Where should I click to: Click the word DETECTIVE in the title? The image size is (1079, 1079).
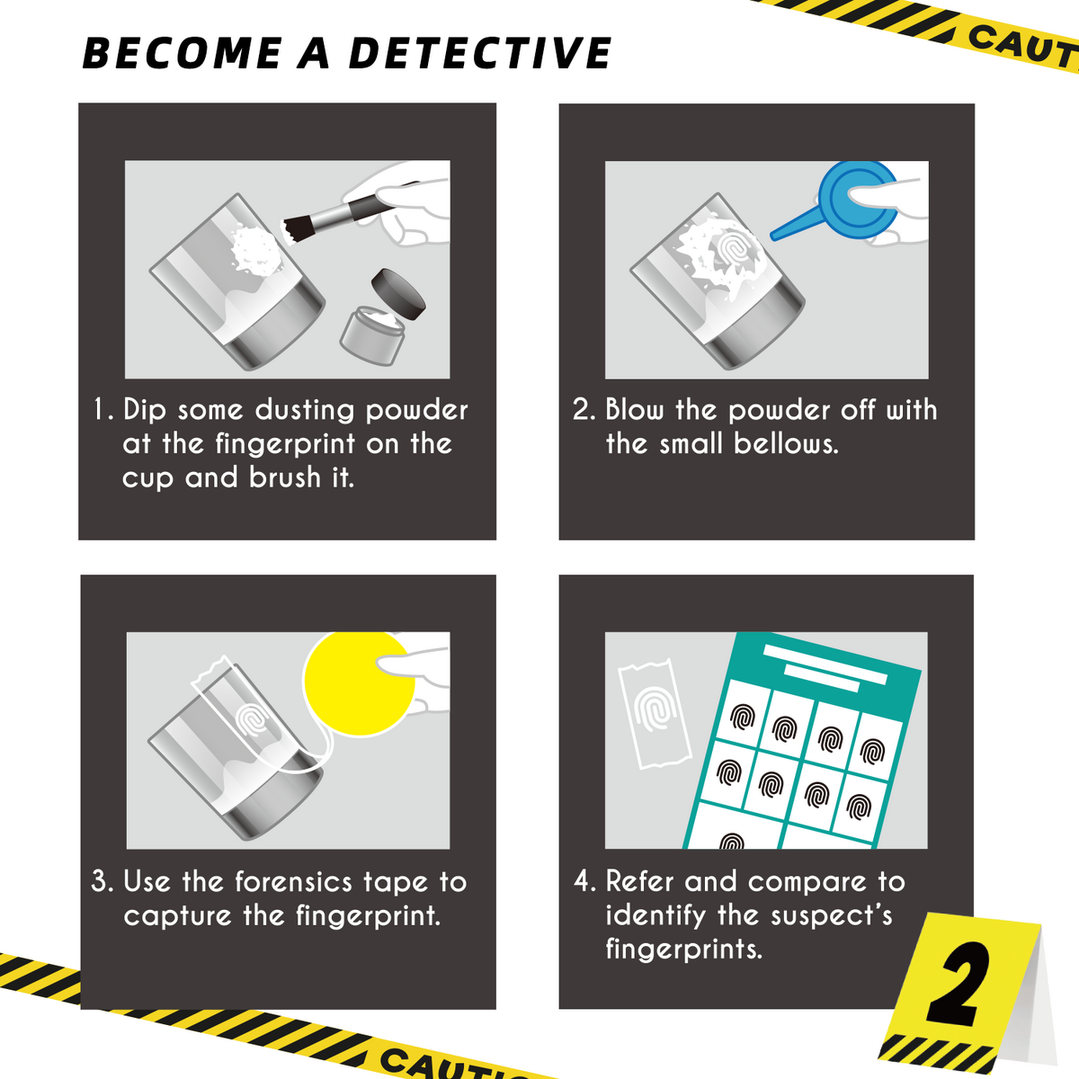point(480,54)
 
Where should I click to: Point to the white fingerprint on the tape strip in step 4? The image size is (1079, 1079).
point(655,710)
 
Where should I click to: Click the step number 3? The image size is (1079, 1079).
point(102,882)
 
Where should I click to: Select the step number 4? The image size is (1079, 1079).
point(584,882)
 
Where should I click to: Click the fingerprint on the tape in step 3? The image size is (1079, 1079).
point(255,718)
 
